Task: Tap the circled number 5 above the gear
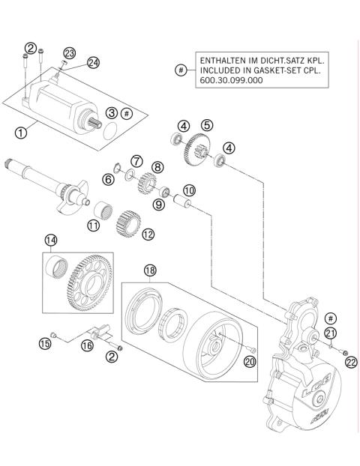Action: tap(206, 125)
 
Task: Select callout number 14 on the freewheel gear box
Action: tap(50, 240)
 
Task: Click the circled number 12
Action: tap(148, 234)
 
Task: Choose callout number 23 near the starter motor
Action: tap(69, 52)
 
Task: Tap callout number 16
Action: tap(87, 346)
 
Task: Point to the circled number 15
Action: tap(44, 343)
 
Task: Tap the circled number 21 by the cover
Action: tap(330, 333)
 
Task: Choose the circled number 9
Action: tap(158, 204)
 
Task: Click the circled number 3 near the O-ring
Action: tap(110, 112)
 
